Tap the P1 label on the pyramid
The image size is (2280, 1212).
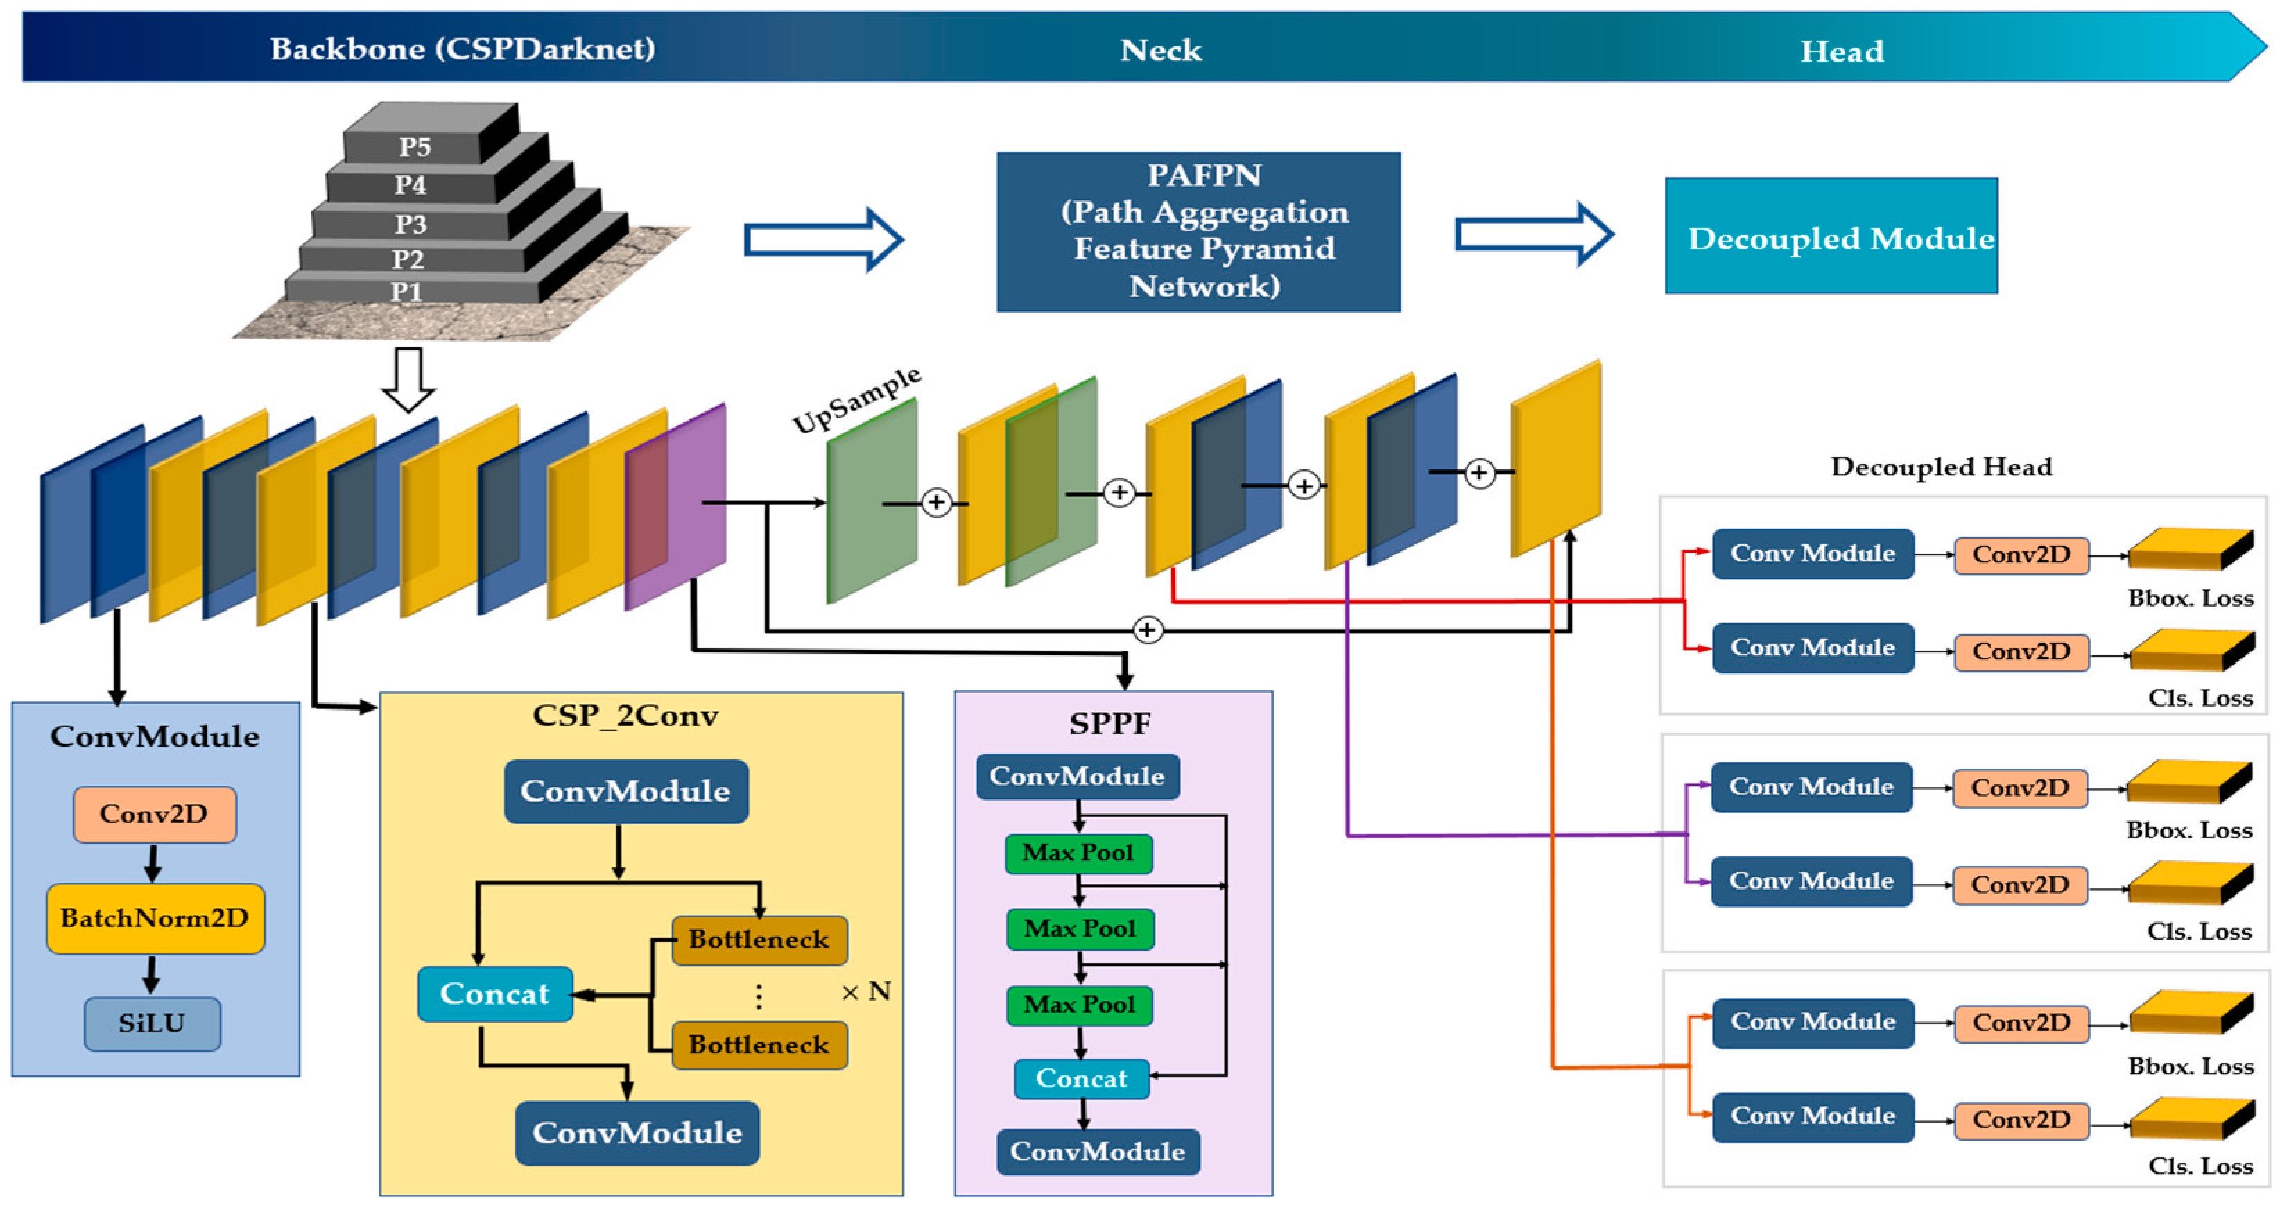[x=406, y=291]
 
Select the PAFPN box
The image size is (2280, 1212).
[x=1198, y=231]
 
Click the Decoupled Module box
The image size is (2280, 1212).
[x=1831, y=236]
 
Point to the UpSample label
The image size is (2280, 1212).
[x=856, y=399]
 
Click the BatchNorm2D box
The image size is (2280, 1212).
[x=155, y=918]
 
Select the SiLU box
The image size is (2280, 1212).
[x=153, y=1023]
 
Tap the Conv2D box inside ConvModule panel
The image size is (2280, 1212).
[x=154, y=813]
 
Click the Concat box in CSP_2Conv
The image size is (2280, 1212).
[x=495, y=994]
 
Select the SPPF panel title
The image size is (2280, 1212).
[x=1110, y=723]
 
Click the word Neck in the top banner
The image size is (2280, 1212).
[x=1160, y=51]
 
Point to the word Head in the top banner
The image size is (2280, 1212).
[x=1842, y=51]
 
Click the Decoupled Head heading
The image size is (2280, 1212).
[x=1941, y=467]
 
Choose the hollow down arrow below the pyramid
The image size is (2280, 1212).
[x=408, y=379]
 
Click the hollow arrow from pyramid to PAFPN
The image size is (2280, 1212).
[x=823, y=240]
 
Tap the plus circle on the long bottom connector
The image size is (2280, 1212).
[x=1147, y=630]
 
